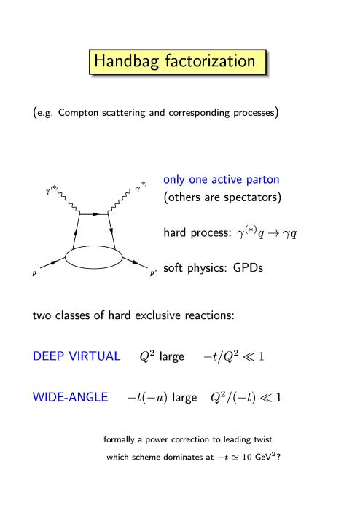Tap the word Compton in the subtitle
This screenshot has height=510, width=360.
pos(78,112)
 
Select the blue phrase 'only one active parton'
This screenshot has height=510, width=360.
pos(221,179)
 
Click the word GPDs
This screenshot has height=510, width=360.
pos(248,268)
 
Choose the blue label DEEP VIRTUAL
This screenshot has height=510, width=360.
pos(77,356)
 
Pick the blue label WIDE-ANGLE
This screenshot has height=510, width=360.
pos(70,397)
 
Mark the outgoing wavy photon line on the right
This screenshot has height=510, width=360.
pos(119,203)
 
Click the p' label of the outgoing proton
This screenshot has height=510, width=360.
pos(153,273)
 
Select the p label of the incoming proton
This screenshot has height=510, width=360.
pos(34,273)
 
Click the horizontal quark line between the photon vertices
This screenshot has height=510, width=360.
pos(94,214)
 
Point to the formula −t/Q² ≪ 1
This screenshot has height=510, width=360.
pos(234,356)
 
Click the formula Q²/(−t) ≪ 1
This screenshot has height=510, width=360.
pos(246,398)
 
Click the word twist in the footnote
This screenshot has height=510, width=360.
pos(263,439)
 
